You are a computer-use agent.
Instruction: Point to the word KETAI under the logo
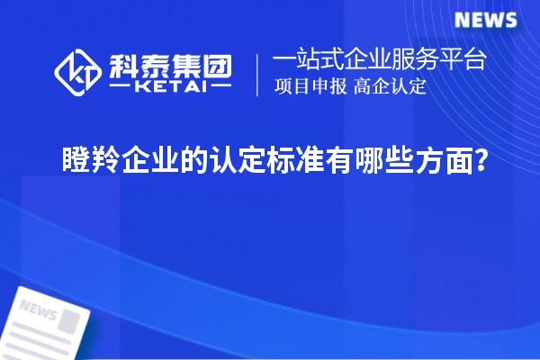[x=170, y=87]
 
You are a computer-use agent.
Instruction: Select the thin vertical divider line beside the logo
[x=258, y=74]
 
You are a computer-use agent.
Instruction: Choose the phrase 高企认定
[x=390, y=87]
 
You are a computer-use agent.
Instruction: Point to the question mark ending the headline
[x=483, y=162]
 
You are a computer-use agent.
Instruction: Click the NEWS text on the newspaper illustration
[x=37, y=312]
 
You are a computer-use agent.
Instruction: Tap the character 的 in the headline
[x=187, y=162]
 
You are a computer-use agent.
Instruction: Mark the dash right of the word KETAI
[x=220, y=87]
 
